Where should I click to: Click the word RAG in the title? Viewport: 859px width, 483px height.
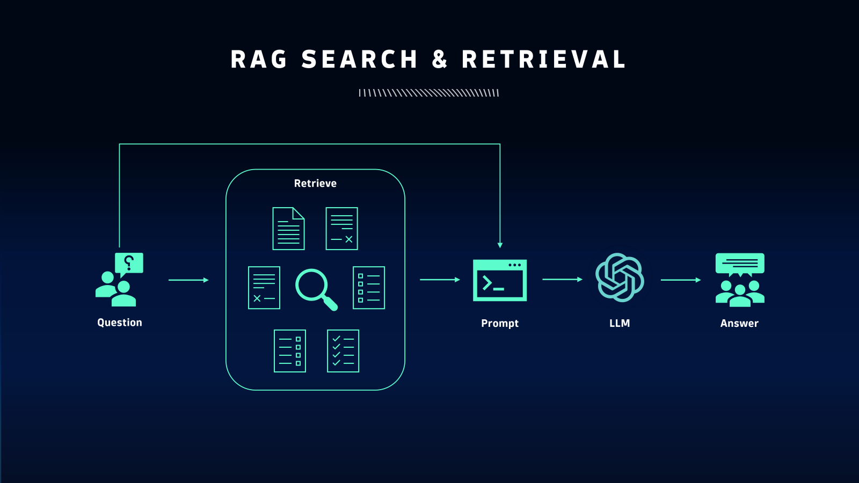259,60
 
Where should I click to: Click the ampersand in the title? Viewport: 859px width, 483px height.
440,60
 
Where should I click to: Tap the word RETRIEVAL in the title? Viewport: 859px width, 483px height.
544,60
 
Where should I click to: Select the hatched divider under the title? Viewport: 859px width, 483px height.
429,93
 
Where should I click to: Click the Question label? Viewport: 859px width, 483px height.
120,323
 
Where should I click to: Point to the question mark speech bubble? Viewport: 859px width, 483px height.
129,264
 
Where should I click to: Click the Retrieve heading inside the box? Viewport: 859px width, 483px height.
315,184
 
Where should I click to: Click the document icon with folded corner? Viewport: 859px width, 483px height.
288,229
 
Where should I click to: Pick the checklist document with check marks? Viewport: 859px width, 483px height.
343,351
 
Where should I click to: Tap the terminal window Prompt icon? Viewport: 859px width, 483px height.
499,280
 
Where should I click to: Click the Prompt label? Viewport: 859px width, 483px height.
499,324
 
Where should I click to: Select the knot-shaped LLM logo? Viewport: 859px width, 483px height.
620,277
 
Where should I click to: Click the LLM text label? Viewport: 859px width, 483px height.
620,324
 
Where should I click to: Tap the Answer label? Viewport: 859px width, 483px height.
739,324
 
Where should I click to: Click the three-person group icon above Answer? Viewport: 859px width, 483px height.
740,292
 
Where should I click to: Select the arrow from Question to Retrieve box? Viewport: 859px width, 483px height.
188,280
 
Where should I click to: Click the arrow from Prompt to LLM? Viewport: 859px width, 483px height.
562,280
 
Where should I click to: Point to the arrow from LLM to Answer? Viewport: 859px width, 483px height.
680,280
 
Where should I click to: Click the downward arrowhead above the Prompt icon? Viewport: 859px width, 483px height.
500,245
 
